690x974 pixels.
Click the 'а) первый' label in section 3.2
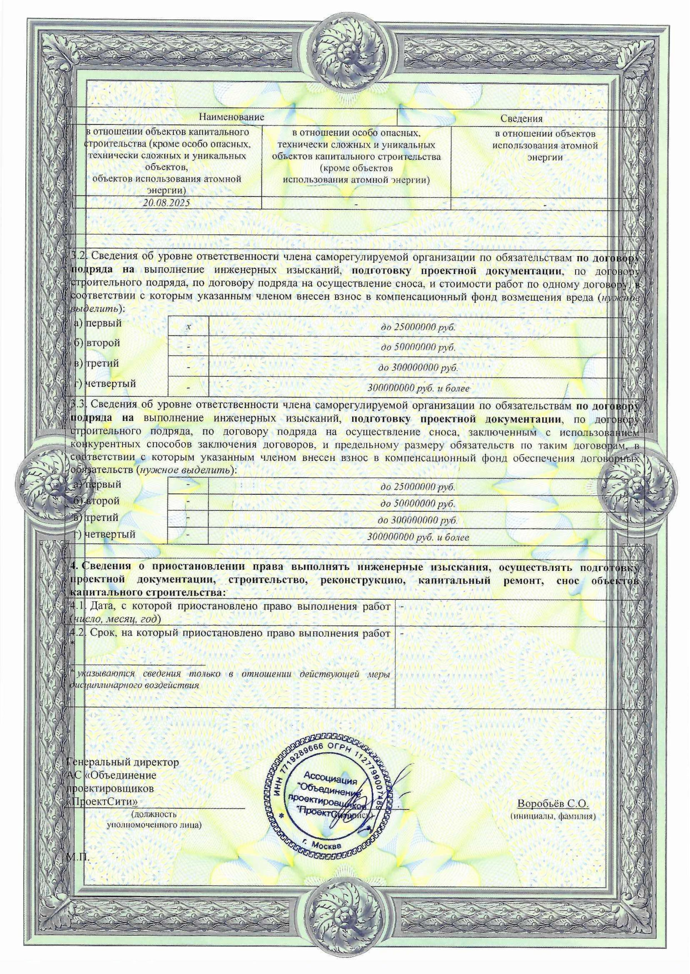coord(97,323)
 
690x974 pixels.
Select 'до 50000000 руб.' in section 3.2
coord(418,347)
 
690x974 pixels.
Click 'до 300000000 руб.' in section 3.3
coord(418,520)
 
